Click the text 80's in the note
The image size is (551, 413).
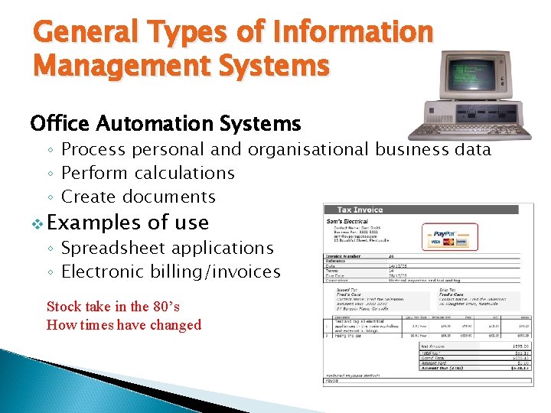pos(165,307)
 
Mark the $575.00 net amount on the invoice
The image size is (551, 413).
pos(520,346)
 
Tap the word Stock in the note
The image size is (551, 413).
pos(64,307)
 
